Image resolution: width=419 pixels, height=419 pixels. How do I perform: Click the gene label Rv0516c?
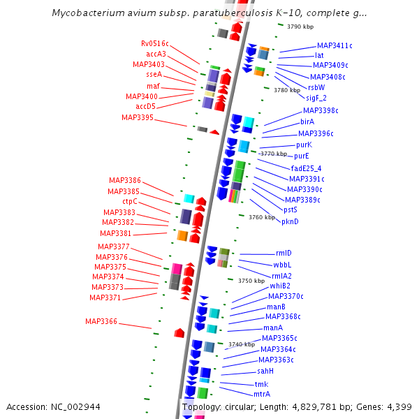(155, 43)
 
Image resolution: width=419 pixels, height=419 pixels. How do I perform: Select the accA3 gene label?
(156, 54)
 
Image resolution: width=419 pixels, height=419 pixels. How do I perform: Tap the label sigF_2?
(316, 98)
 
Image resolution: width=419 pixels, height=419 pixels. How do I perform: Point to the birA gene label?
(307, 122)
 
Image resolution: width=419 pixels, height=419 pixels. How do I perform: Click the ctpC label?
(130, 202)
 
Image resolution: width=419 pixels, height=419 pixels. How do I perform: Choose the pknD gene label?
(290, 221)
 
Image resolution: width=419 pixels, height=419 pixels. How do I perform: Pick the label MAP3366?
(101, 321)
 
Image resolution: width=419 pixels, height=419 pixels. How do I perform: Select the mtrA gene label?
(262, 394)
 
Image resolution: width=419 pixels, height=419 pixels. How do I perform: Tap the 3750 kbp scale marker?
(251, 281)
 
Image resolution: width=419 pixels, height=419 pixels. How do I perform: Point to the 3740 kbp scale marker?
(241, 344)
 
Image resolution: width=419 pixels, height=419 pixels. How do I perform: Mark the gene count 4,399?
(398, 406)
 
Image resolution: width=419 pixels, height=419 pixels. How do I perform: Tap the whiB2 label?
(280, 286)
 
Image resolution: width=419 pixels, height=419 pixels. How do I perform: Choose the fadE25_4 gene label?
(306, 168)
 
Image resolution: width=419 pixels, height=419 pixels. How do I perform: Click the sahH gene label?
(265, 371)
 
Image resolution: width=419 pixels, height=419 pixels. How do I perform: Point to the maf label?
(154, 86)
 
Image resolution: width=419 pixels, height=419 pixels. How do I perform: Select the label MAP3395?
(138, 117)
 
